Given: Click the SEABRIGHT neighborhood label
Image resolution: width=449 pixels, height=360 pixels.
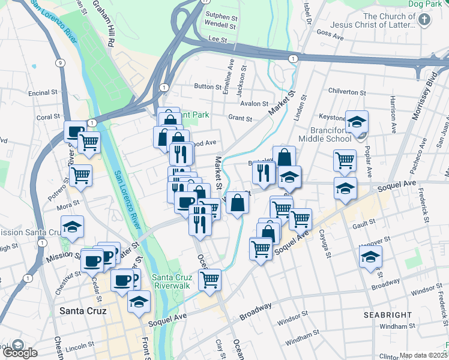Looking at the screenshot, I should [x=387, y=315].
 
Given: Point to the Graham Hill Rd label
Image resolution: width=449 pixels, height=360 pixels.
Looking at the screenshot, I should [x=103, y=24].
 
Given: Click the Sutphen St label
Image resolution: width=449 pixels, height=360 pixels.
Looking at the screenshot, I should [x=221, y=16].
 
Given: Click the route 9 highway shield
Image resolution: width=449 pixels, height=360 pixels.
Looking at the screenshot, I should [x=61, y=62].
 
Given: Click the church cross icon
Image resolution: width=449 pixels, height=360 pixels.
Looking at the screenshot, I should [x=424, y=20].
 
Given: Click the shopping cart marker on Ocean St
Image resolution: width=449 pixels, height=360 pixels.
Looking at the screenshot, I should [x=210, y=279].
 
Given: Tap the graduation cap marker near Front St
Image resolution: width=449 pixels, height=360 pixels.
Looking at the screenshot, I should [x=139, y=302].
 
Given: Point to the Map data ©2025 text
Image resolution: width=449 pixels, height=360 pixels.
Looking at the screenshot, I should [x=423, y=355].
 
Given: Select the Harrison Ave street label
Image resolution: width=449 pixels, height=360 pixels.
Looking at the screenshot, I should [x=393, y=114].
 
